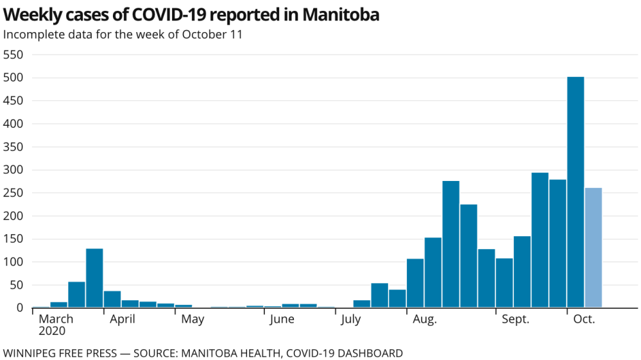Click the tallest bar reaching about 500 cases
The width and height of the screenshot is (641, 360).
tap(576, 193)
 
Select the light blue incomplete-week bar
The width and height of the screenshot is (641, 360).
tap(594, 248)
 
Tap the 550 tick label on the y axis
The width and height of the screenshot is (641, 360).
tap(13, 55)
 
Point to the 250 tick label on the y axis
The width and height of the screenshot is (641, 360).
tap(13, 193)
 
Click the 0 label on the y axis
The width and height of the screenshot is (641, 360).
tap(20, 308)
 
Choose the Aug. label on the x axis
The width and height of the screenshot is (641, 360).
tap(425, 319)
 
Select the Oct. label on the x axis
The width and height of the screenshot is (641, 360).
tap(584, 319)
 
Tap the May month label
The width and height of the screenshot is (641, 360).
tap(192, 319)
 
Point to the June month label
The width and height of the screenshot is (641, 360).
tap(282, 319)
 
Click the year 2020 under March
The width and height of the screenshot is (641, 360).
tap(52, 332)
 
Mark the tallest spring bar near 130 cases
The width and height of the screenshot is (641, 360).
tap(94, 278)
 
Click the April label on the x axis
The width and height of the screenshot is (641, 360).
tap(122, 319)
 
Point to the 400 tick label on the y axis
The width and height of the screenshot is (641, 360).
tap(13, 124)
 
